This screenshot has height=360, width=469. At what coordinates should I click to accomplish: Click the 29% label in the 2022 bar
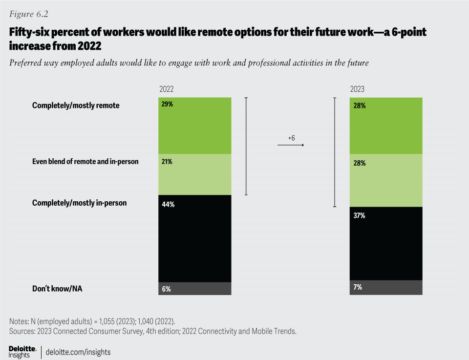pyautogui.click(x=167, y=104)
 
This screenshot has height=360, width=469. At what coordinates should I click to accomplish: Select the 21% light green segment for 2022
pyautogui.click(x=195, y=174)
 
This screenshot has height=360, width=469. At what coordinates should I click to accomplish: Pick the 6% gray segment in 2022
pyautogui.click(x=195, y=289)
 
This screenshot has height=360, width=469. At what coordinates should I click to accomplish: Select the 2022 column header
pyautogui.click(x=167, y=89)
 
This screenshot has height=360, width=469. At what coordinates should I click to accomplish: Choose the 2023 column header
pyautogui.click(x=357, y=89)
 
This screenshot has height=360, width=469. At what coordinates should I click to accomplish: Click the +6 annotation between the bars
pyautogui.click(x=291, y=138)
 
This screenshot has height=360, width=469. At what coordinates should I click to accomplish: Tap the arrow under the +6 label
pyautogui.click(x=291, y=146)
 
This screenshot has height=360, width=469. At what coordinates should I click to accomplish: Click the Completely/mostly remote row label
pyautogui.click(x=75, y=105)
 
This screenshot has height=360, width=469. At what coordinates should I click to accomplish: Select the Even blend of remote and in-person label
pyautogui.click(x=85, y=161)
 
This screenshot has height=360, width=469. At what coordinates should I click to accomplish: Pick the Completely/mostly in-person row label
pyautogui.click(x=79, y=202)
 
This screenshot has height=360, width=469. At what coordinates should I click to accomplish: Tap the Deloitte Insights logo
pyautogui.click(x=22, y=351)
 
